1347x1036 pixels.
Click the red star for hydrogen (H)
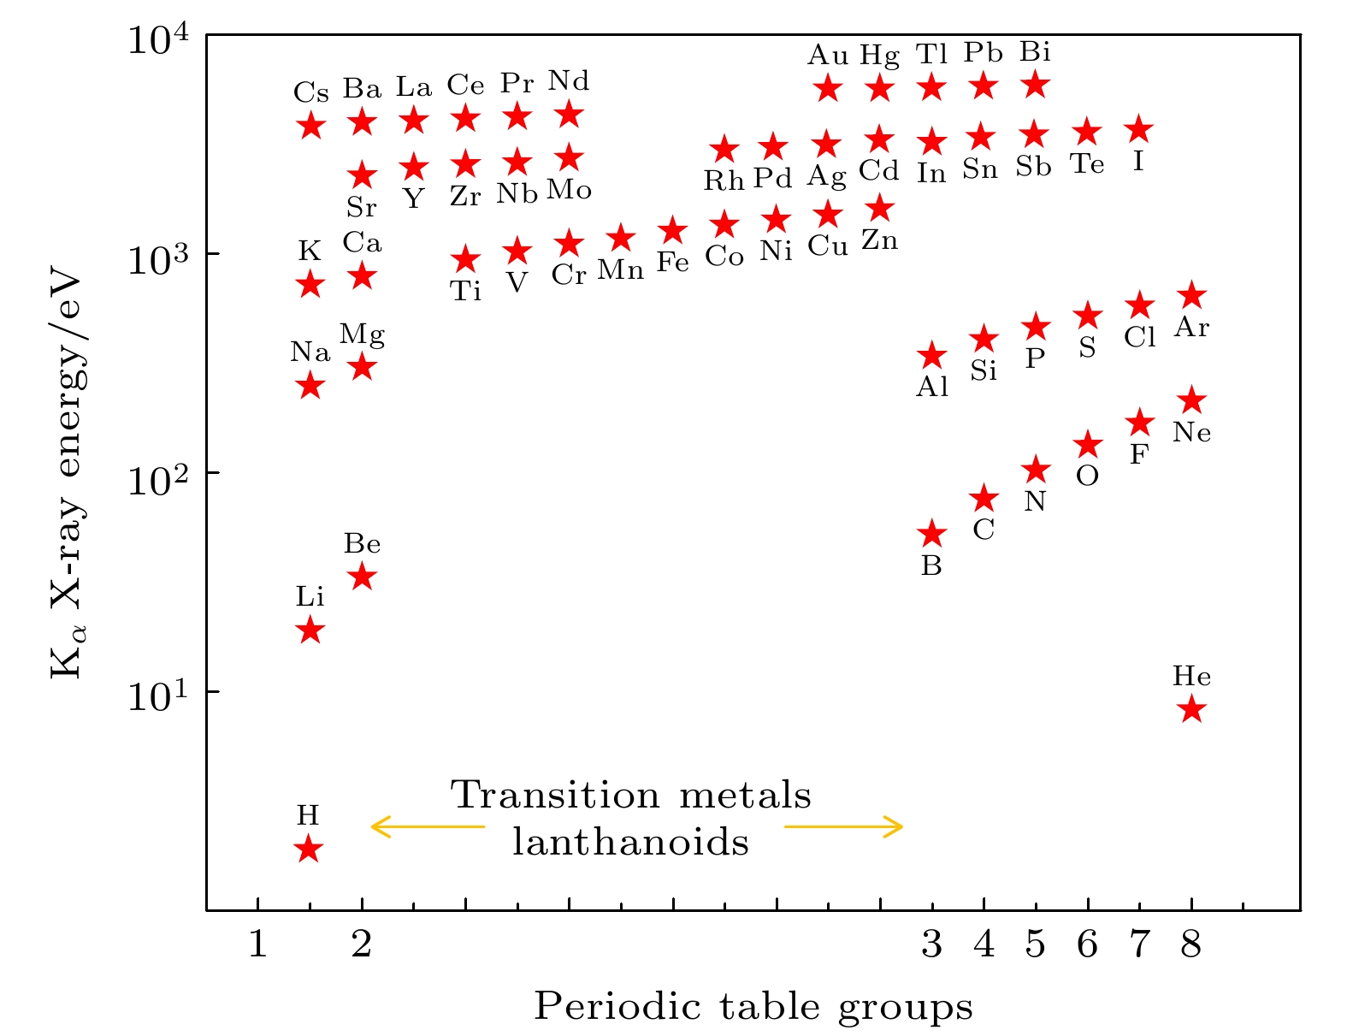point(309,850)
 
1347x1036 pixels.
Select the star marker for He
point(1191,709)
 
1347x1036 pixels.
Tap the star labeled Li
point(310,630)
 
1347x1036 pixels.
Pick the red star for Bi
point(1036,85)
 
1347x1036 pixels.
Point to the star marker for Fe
point(673,230)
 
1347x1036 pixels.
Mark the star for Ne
point(1191,400)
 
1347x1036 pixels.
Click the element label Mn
point(620,269)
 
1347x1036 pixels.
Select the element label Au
point(828,56)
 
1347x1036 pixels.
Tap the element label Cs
point(310,92)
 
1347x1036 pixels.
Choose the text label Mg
point(362,334)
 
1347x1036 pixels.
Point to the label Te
point(1087,163)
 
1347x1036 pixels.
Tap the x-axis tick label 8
point(1191,944)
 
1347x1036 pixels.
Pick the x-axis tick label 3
point(931,944)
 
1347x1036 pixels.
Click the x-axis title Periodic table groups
point(753,1007)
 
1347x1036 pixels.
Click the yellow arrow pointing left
point(427,826)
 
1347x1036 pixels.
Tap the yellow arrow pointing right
point(843,826)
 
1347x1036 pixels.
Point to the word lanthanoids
point(630,843)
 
